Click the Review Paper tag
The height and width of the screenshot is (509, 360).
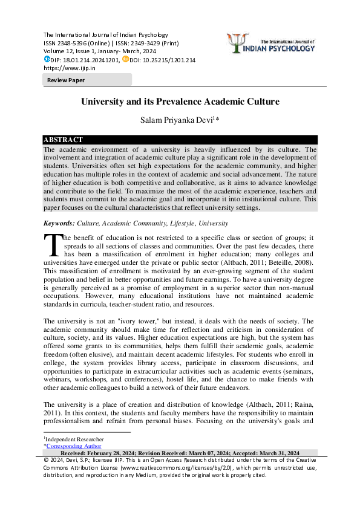tap(67, 80)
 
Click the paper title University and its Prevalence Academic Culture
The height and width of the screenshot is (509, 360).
tap(180, 102)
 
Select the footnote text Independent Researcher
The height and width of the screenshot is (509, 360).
tap(74, 439)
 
